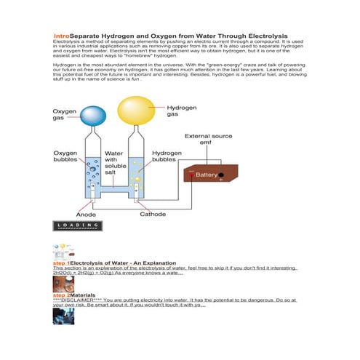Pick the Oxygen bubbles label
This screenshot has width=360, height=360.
68,158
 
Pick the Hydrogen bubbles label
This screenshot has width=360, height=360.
167,158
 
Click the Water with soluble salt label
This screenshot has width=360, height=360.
115,162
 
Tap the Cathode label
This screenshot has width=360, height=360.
152,215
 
